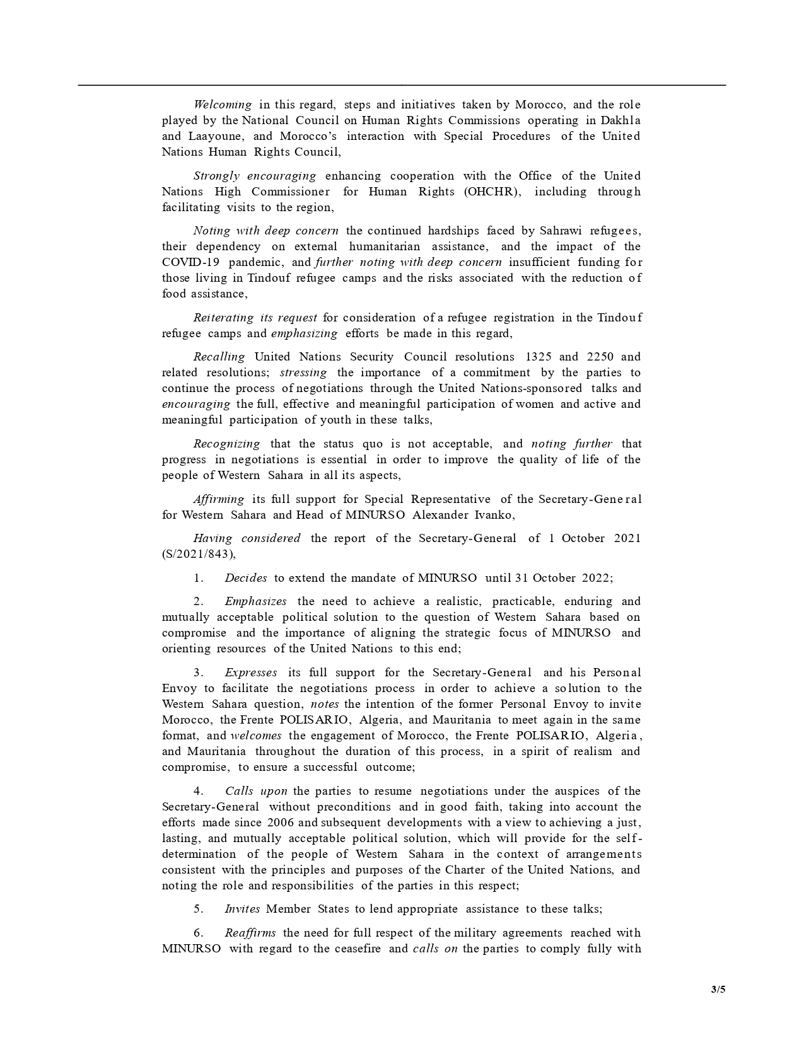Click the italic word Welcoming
[223, 105]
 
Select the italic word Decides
[245, 578]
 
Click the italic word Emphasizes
[255, 601]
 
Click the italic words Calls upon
[256, 791]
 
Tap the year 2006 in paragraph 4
[281, 823]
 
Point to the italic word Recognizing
[226, 444]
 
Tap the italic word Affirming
[218, 499]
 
